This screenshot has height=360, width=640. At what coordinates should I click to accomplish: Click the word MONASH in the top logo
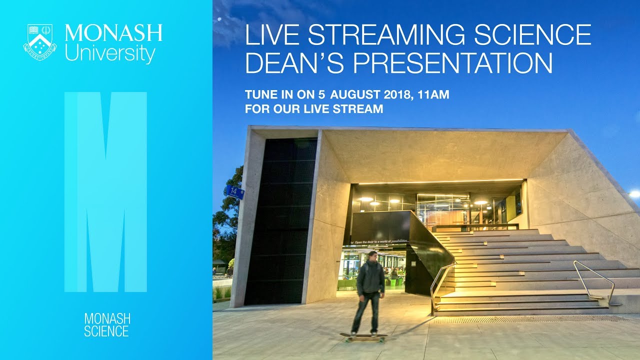pos(113,33)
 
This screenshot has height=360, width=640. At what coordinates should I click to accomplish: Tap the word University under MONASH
pos(109,53)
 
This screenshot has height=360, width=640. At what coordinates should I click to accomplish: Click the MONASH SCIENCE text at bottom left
pos(106,324)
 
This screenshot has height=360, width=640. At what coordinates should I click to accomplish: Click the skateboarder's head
pos(372,257)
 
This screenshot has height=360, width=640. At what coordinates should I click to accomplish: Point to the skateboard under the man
pos(363,336)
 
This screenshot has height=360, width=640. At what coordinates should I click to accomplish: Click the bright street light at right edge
pos(634,193)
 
